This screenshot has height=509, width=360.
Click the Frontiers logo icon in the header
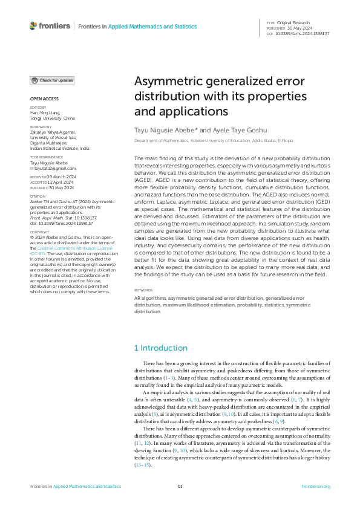pyautogui.click(x=33, y=26)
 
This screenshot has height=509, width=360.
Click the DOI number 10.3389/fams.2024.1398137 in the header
pyautogui.click(x=303, y=34)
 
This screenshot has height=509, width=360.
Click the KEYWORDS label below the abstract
pyautogui.click(x=143, y=290)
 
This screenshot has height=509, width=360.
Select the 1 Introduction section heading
pyautogui.click(x=160, y=348)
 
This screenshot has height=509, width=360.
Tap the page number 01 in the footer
pyautogui.click(x=180, y=487)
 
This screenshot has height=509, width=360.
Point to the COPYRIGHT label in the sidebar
pyautogui.click(x=41, y=248)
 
